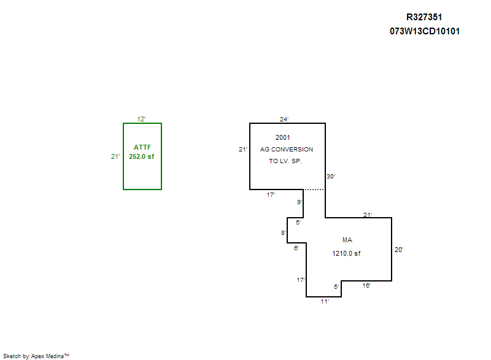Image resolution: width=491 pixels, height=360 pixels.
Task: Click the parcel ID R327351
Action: [x=424, y=18]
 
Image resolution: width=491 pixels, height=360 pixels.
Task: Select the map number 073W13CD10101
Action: [x=424, y=31]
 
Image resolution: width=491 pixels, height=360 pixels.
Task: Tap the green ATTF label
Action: [x=142, y=147]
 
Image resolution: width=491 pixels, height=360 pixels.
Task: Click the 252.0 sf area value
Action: [x=141, y=156]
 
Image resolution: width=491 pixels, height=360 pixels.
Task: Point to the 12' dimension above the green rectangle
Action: [x=141, y=119]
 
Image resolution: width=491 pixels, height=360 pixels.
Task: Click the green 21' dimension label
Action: [x=115, y=156]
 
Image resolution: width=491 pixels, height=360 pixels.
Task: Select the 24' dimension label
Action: [x=284, y=119]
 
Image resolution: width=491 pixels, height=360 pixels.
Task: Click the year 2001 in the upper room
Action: [x=283, y=137]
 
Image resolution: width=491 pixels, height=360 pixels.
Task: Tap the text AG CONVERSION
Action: [x=287, y=149]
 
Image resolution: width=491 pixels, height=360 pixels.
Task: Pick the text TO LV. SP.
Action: [x=286, y=161]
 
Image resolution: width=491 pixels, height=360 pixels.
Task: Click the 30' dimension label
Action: [x=331, y=177]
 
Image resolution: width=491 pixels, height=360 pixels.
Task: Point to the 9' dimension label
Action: [x=300, y=202]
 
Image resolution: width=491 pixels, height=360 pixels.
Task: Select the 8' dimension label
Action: [x=284, y=233]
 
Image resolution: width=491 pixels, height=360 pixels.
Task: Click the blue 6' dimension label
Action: [x=296, y=248]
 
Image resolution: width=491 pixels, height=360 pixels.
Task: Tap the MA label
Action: [x=347, y=240]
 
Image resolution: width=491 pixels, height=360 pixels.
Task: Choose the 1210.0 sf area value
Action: [x=347, y=253]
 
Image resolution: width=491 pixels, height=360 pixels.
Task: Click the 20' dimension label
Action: [x=399, y=250]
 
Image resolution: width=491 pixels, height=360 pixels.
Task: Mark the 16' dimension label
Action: [x=366, y=286]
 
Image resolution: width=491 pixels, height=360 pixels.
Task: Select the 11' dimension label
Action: [x=325, y=301]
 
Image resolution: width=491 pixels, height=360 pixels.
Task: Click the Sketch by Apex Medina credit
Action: [x=36, y=356]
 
